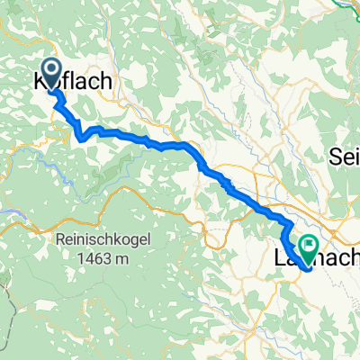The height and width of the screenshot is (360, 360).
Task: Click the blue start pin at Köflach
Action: click(x=50, y=74)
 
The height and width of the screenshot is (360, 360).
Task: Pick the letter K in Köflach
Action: click(x=40, y=81)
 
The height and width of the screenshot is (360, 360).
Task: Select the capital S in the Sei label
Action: click(x=336, y=154)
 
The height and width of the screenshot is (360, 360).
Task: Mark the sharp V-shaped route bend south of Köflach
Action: click(x=82, y=138)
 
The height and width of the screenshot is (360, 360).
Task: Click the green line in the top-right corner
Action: click(x=346, y=7)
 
